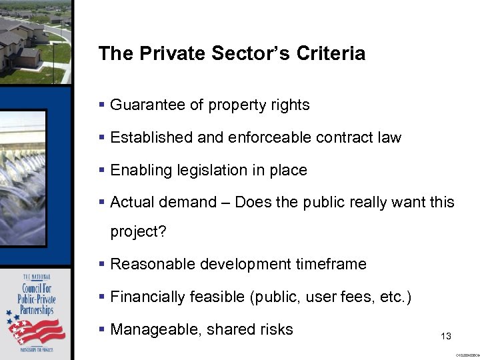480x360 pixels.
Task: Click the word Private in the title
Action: click(164, 53)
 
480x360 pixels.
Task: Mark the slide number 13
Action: click(447, 337)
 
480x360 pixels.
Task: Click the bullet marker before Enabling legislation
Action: click(101, 170)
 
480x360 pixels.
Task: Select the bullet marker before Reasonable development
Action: click(101, 264)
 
